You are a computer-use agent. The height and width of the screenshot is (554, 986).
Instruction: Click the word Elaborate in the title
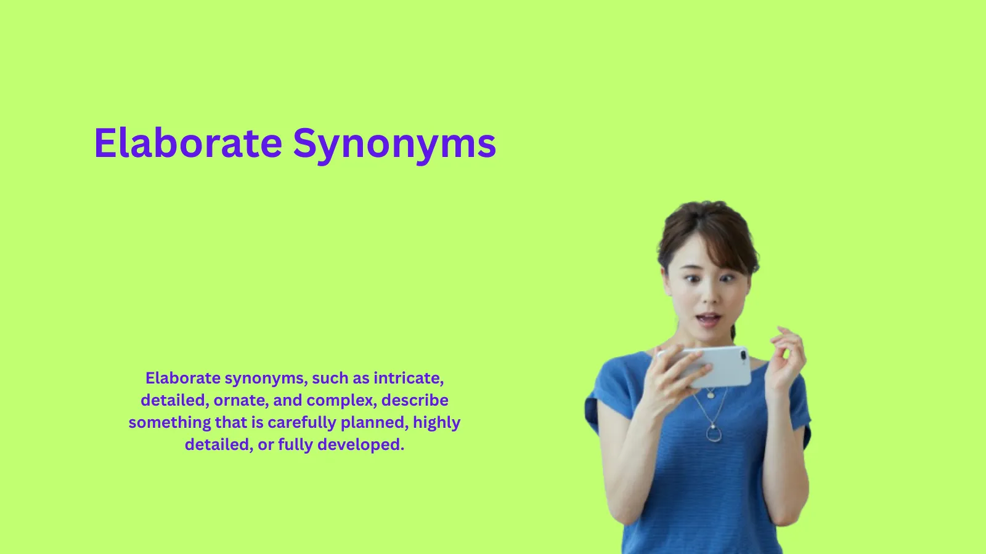[188, 143]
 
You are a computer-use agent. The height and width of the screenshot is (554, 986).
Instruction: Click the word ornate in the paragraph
[240, 400]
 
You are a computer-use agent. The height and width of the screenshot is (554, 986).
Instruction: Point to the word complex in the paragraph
[341, 400]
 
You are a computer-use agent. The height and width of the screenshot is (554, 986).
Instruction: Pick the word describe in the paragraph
[415, 400]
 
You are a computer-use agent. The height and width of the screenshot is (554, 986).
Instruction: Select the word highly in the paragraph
[436, 423]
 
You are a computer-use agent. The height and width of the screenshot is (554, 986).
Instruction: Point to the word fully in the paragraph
[295, 444]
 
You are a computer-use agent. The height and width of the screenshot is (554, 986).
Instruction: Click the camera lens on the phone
[743, 355]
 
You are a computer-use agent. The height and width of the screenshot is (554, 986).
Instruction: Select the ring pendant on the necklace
[714, 434]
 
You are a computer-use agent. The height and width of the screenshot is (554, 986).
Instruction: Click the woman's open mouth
[709, 319]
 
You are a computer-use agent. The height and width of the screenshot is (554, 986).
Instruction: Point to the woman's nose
[711, 297]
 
